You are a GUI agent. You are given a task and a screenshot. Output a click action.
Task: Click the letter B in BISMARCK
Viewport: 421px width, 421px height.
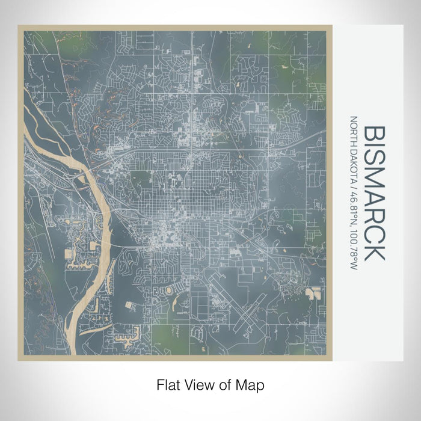[x=373, y=136]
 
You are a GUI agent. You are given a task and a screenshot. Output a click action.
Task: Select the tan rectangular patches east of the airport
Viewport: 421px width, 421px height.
[x=313, y=293]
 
